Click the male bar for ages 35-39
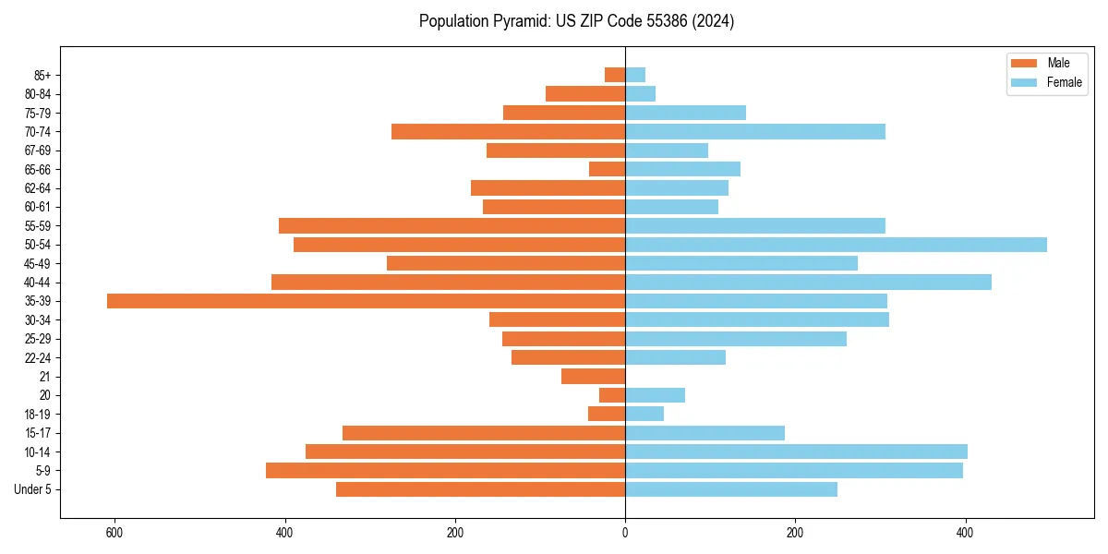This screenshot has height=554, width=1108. (366, 301)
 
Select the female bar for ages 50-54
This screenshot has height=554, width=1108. (836, 245)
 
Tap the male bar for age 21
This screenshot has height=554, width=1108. (593, 376)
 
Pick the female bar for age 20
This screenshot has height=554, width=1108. (655, 395)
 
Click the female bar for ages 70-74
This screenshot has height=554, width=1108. (754, 131)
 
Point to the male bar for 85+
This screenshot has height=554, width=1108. (615, 75)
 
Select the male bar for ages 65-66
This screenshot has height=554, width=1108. (607, 169)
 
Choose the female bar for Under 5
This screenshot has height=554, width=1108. (730, 489)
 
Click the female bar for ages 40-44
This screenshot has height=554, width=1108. (808, 282)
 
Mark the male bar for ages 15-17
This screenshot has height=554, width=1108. (484, 433)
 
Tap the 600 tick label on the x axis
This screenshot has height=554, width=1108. (114, 533)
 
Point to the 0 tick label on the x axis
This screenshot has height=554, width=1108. (625, 533)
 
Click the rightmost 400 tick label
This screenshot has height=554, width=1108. (965, 533)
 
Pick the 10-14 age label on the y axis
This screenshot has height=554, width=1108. (38, 452)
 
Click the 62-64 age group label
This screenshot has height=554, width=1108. (38, 188)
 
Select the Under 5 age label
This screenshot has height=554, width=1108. (33, 489)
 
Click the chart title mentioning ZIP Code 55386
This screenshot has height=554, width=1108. (576, 21)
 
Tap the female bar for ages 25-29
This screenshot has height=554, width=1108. (735, 339)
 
